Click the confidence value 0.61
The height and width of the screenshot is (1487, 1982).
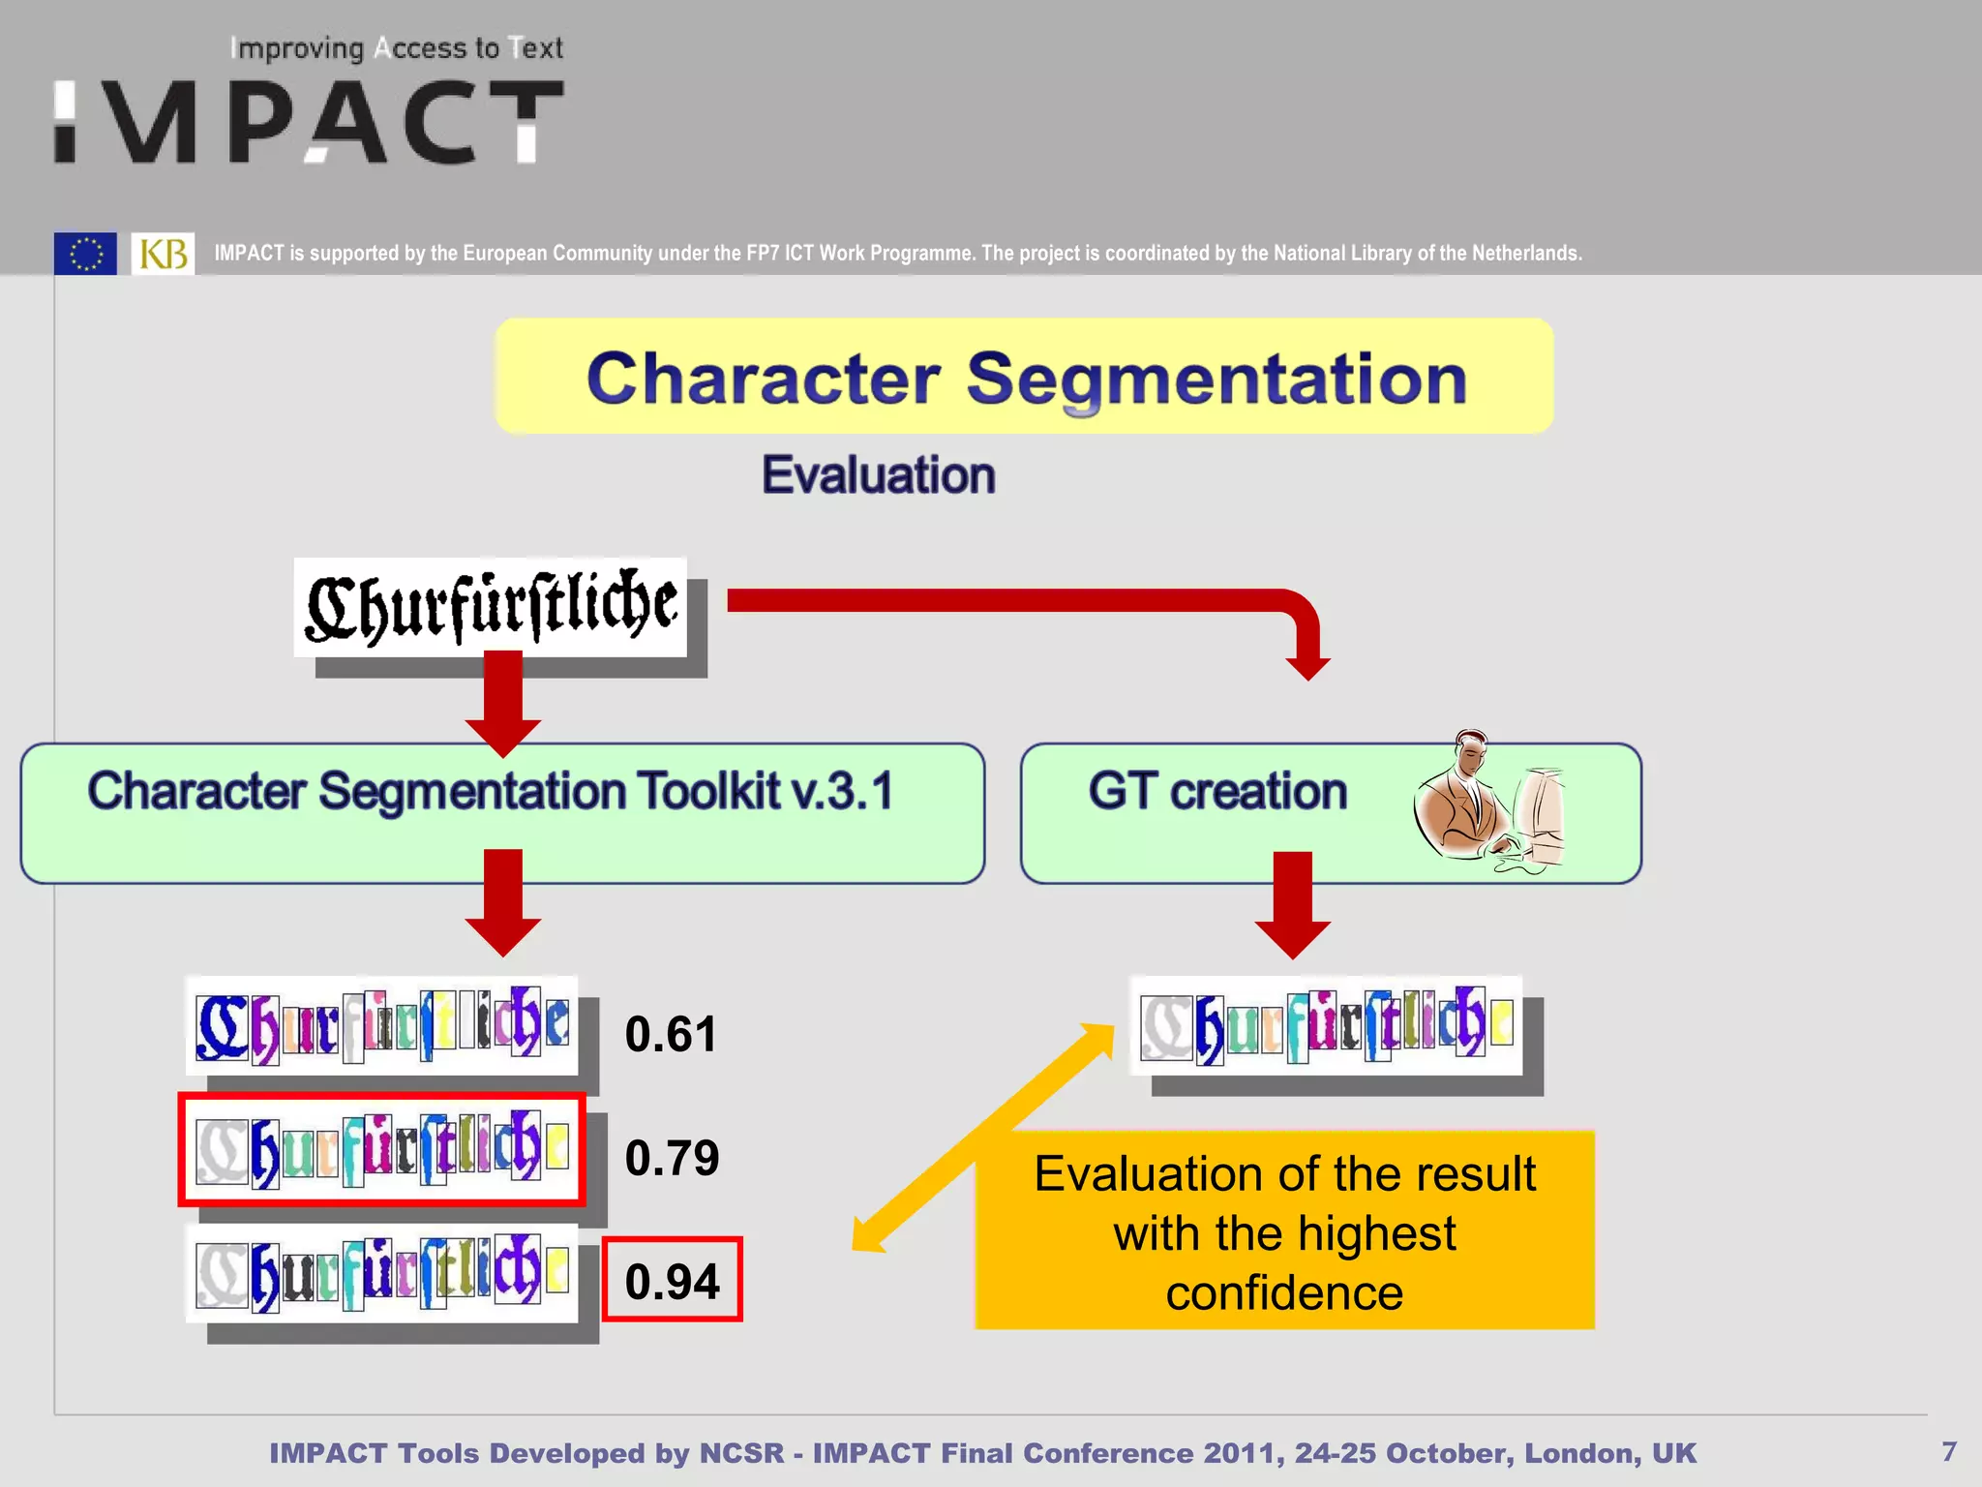[671, 1034]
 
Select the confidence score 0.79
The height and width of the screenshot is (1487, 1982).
[672, 1158]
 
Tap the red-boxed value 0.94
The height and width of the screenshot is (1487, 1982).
[672, 1281]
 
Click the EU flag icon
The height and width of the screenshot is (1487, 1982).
[85, 254]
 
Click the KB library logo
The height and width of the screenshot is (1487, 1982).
[163, 254]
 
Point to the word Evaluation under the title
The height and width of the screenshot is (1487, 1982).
[878, 475]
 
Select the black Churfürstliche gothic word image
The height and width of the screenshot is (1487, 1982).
[491, 607]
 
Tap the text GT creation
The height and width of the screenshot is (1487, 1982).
[1216, 791]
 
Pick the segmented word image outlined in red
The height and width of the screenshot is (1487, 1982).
[381, 1149]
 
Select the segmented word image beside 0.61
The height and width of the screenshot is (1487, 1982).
[381, 1024]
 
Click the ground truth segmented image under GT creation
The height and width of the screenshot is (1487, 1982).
[1326, 1025]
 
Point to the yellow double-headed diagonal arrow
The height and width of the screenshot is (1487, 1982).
[982, 1138]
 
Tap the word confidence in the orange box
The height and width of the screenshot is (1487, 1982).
[1283, 1293]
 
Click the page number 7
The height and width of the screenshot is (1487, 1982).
[1949, 1451]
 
